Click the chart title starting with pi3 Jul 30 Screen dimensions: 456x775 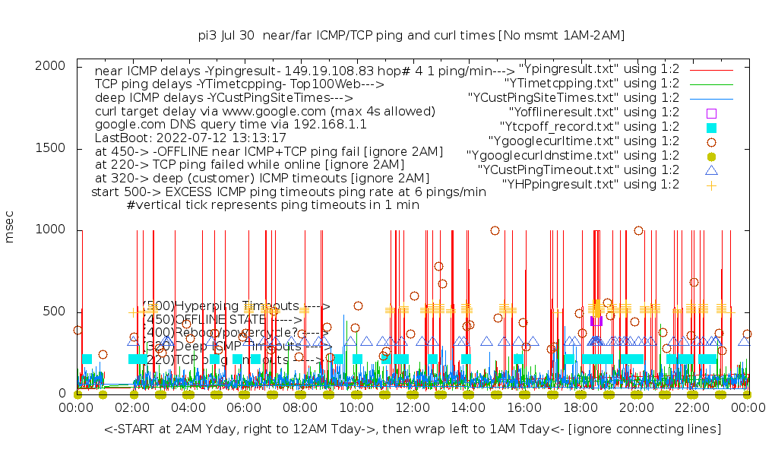[x=411, y=35]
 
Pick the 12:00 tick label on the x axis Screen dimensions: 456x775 [x=412, y=408]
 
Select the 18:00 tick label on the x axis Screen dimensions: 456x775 [x=580, y=408]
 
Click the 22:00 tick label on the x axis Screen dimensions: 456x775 [x=691, y=408]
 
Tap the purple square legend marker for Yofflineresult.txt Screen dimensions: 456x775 [x=711, y=112]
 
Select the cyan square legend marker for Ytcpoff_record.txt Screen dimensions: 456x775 [x=711, y=127]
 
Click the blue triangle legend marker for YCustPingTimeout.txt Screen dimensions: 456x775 [x=711, y=170]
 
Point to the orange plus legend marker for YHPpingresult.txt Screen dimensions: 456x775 [x=711, y=185]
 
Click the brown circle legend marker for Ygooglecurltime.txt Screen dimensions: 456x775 [x=711, y=141]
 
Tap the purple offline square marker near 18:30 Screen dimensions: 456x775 [x=596, y=321]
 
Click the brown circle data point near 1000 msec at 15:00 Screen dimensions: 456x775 [x=495, y=230]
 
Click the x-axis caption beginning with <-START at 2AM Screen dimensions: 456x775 [x=413, y=430]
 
